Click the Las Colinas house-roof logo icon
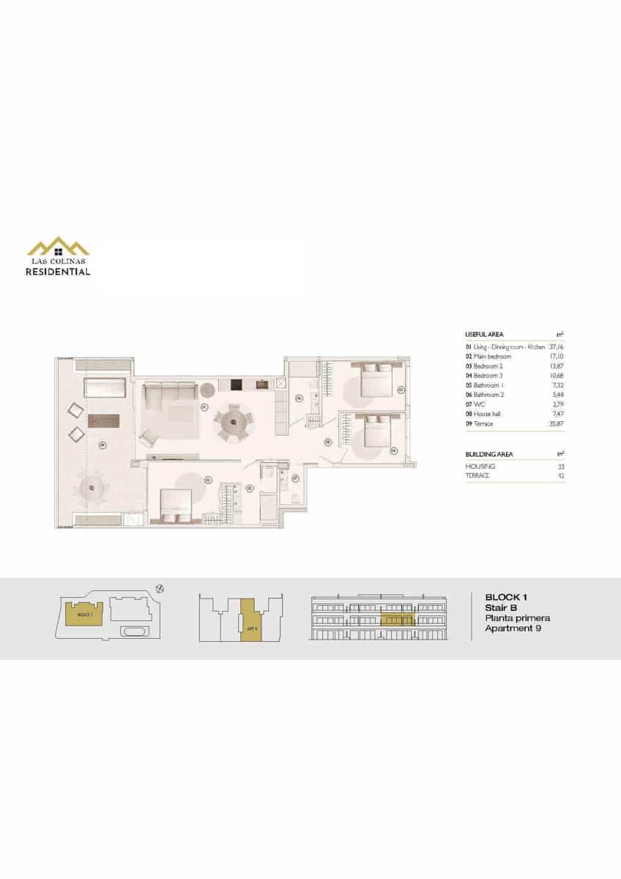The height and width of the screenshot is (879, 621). pyautogui.click(x=59, y=246)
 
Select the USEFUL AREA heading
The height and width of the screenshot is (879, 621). pyautogui.click(x=484, y=334)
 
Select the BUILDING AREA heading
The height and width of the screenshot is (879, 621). pyautogui.click(x=489, y=454)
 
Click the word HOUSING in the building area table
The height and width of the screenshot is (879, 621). pyautogui.click(x=480, y=466)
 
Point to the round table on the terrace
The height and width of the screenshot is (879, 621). pyautogui.click(x=93, y=485)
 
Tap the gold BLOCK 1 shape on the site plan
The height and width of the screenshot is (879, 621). pyautogui.click(x=85, y=614)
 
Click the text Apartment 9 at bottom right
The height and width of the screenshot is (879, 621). pyautogui.click(x=513, y=628)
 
